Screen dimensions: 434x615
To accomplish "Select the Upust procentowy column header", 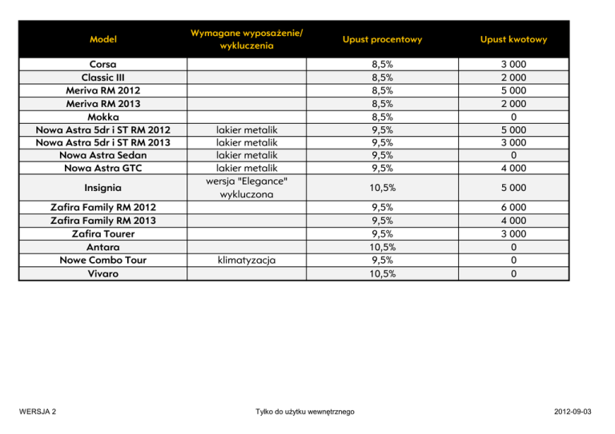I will tap(382, 38).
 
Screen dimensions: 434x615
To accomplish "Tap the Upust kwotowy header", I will tap(514, 38).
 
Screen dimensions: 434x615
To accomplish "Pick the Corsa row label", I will tap(101, 64).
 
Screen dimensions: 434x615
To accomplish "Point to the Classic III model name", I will tap(101, 78).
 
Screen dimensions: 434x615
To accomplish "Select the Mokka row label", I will tap(101, 116).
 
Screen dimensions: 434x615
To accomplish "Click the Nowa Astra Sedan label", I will tap(101, 155).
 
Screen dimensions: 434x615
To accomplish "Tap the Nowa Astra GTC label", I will tap(101, 168).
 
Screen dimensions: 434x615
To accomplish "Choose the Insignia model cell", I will tap(101, 188).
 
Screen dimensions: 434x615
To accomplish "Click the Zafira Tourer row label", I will tap(101, 233).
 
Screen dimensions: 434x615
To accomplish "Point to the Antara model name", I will tap(101, 247).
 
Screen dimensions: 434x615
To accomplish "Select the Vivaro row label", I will tap(101, 273).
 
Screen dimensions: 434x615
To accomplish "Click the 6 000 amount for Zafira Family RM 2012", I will tap(514, 208).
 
